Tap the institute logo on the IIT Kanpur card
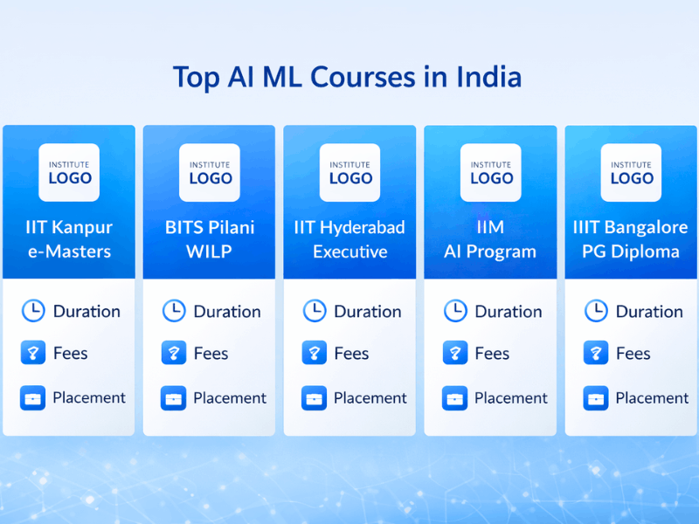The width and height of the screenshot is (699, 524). pos(69,172)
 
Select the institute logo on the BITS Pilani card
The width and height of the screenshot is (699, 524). pos(210,172)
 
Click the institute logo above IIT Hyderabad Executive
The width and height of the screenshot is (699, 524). pos(349,172)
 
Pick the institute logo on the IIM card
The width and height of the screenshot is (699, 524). pos(490,172)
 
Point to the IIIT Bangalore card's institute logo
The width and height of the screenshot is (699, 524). pos(631,172)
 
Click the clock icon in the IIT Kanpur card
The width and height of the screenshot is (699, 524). pos(32,311)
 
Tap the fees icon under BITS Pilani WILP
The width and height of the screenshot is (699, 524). pos(173,354)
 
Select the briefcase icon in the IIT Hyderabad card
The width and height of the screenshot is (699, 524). pos(314,398)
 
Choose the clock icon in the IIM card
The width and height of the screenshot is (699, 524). pos(454,311)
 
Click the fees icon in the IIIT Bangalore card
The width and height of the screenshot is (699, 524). pos(595,354)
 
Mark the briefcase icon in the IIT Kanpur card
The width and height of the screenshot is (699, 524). pos(32,398)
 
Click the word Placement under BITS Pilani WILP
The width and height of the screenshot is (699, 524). pos(230,398)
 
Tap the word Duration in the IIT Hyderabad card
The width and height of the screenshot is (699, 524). pos(368,312)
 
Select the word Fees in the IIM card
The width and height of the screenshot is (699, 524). pos(492,354)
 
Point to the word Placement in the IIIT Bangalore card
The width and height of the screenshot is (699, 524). pos(652,398)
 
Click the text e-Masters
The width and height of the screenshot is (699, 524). pos(69,252)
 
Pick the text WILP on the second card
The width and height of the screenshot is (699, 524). pos(210,252)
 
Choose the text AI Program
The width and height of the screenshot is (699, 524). pos(490,252)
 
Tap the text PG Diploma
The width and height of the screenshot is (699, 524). pos(631,252)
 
